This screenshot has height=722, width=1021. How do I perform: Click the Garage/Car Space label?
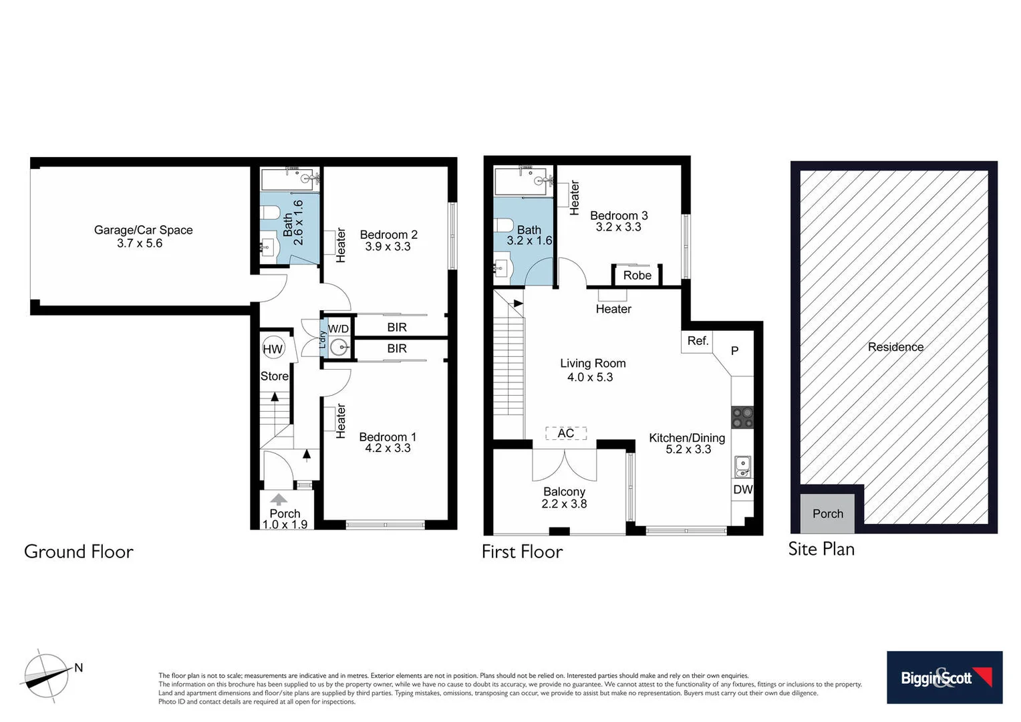coord(143,230)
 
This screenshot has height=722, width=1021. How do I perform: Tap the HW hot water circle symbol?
coord(273,349)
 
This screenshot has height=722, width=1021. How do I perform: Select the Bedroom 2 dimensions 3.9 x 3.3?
coord(388,247)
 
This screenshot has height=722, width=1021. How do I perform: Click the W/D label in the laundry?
coord(338,329)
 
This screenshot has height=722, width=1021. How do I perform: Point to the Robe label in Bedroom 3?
coord(637,275)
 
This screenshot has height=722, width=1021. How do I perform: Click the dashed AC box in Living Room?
coord(566,433)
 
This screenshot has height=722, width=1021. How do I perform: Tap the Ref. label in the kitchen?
coord(698,341)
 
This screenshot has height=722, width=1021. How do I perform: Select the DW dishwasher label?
coord(742,489)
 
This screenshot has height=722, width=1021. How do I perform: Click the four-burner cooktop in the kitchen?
coord(742,418)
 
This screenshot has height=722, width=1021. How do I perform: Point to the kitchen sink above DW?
coord(742,466)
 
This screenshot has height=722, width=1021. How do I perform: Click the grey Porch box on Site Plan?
coord(827,513)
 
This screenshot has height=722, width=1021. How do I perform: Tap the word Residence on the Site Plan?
coord(895,347)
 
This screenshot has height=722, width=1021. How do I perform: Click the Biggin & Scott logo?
coord(944,677)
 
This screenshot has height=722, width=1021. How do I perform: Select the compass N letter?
coord(79,667)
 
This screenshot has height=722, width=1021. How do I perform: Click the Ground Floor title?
coord(79,552)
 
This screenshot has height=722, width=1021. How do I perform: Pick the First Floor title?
coord(522,552)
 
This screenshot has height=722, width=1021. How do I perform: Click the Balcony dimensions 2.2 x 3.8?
coord(564,504)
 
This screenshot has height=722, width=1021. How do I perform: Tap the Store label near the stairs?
coord(274,376)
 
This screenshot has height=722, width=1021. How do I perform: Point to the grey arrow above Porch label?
coord(279,499)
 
